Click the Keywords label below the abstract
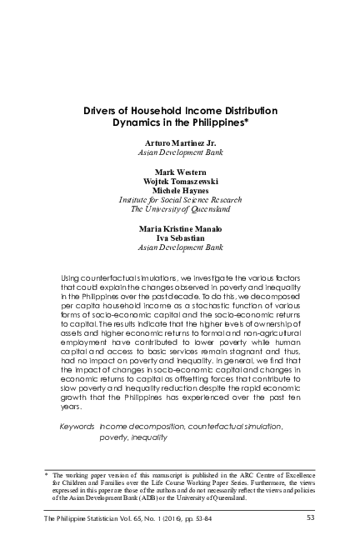(77, 426)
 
